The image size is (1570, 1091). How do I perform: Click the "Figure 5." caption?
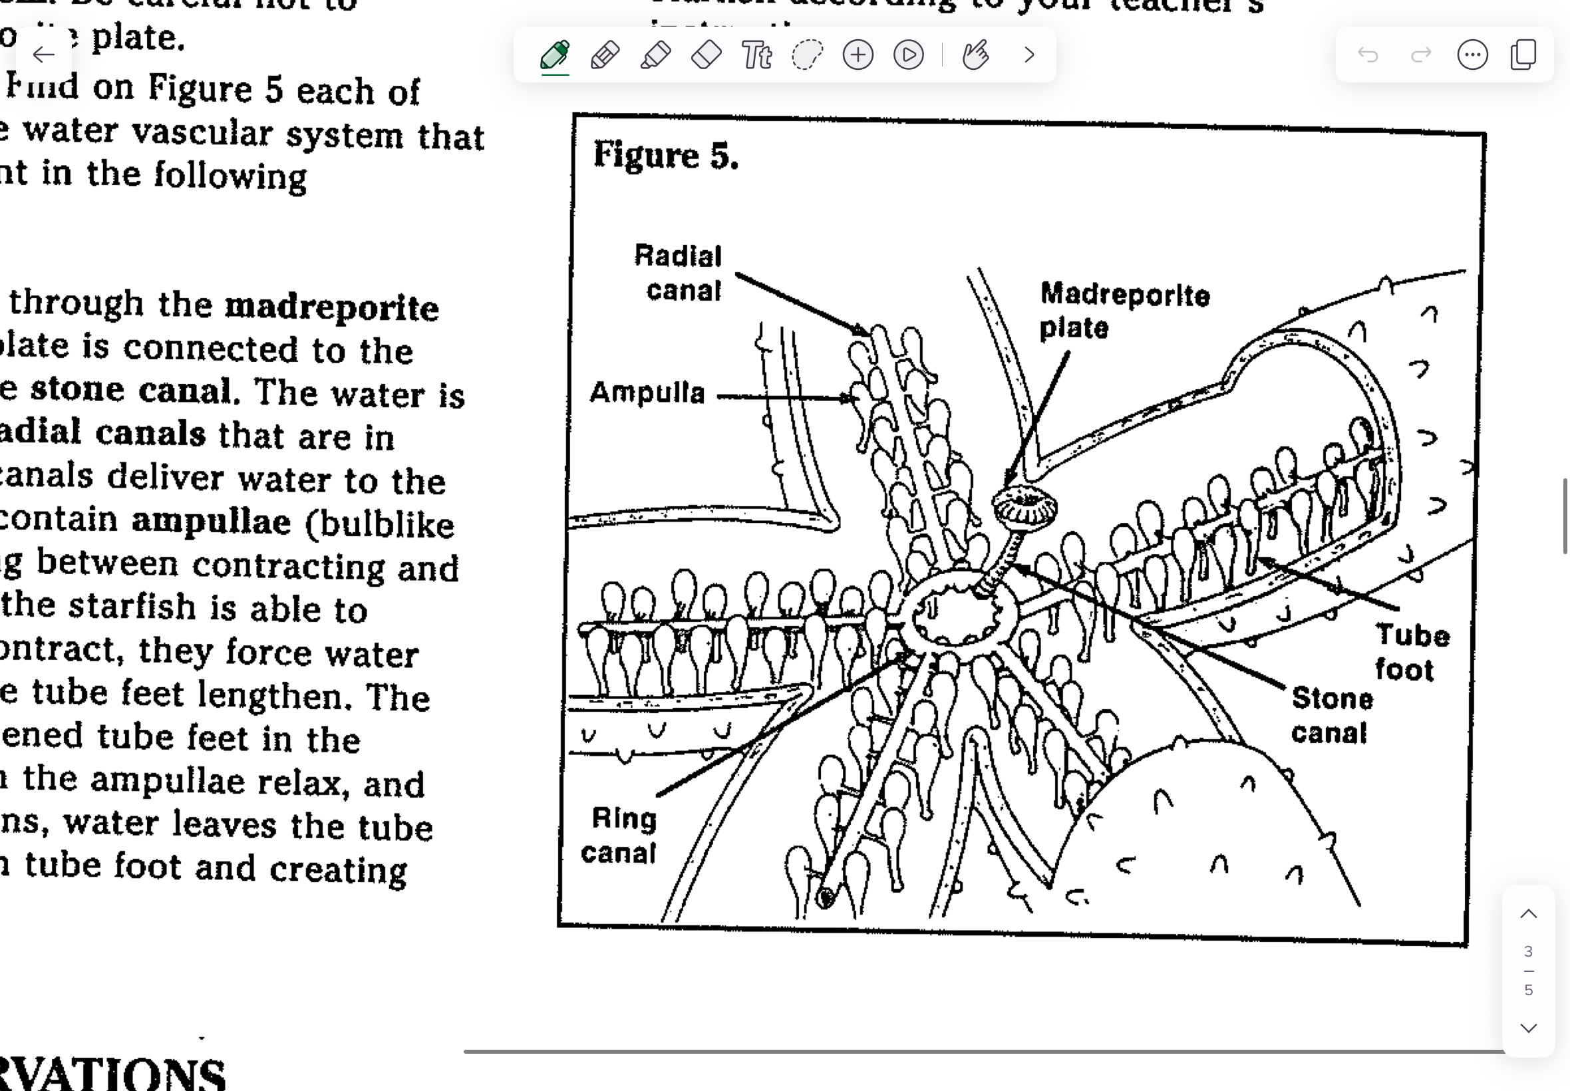click(666, 155)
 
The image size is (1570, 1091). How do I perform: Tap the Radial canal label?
click(678, 273)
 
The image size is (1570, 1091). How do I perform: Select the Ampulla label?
click(647, 393)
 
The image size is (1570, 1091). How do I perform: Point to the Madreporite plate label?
click(1124, 311)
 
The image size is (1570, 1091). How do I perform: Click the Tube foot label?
click(1411, 652)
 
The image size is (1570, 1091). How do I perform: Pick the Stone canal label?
click(1331, 716)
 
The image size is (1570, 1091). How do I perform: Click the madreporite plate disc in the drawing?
click(1024, 506)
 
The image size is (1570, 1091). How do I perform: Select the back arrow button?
click(44, 55)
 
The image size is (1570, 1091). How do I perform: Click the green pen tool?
click(555, 55)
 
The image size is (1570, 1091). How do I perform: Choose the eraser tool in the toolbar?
click(706, 55)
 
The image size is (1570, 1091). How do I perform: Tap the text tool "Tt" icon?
click(756, 55)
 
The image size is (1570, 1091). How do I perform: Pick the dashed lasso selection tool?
click(807, 55)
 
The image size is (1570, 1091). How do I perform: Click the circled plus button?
click(858, 55)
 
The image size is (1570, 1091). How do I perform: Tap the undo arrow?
click(1368, 55)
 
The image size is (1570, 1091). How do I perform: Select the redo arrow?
click(1420, 55)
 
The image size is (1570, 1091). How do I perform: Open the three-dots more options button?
click(1472, 55)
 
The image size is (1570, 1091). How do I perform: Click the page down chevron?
click(1528, 1028)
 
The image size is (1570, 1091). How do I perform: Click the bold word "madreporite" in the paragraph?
click(331, 307)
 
